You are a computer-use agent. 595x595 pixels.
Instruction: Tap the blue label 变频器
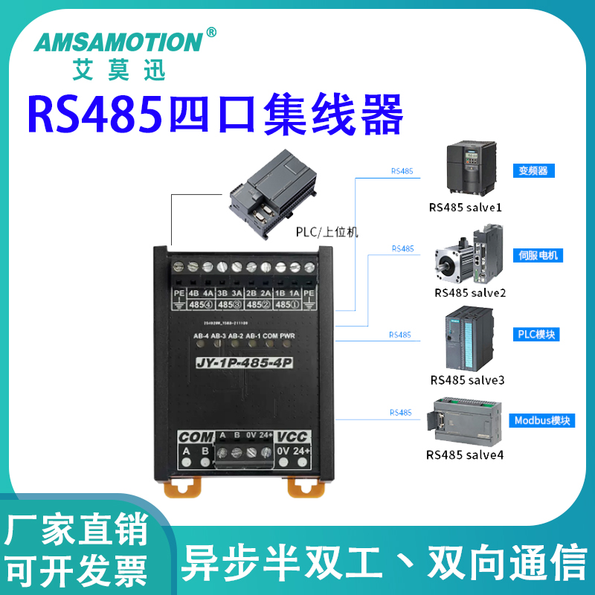533,170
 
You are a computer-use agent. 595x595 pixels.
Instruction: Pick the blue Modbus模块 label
542,420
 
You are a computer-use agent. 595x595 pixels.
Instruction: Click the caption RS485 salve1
466,207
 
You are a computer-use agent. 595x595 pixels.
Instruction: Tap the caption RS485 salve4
465,454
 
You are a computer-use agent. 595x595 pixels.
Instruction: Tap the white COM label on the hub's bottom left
196,437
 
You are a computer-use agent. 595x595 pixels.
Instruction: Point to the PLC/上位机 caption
327,232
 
